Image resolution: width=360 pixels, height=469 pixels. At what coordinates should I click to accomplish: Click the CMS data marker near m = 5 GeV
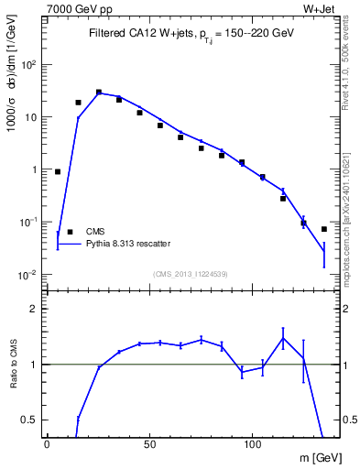pos(58,171)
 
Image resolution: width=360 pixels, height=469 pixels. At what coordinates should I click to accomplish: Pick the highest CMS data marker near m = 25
pos(99,93)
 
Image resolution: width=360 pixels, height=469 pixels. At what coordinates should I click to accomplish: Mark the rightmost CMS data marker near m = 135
pos(324,229)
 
